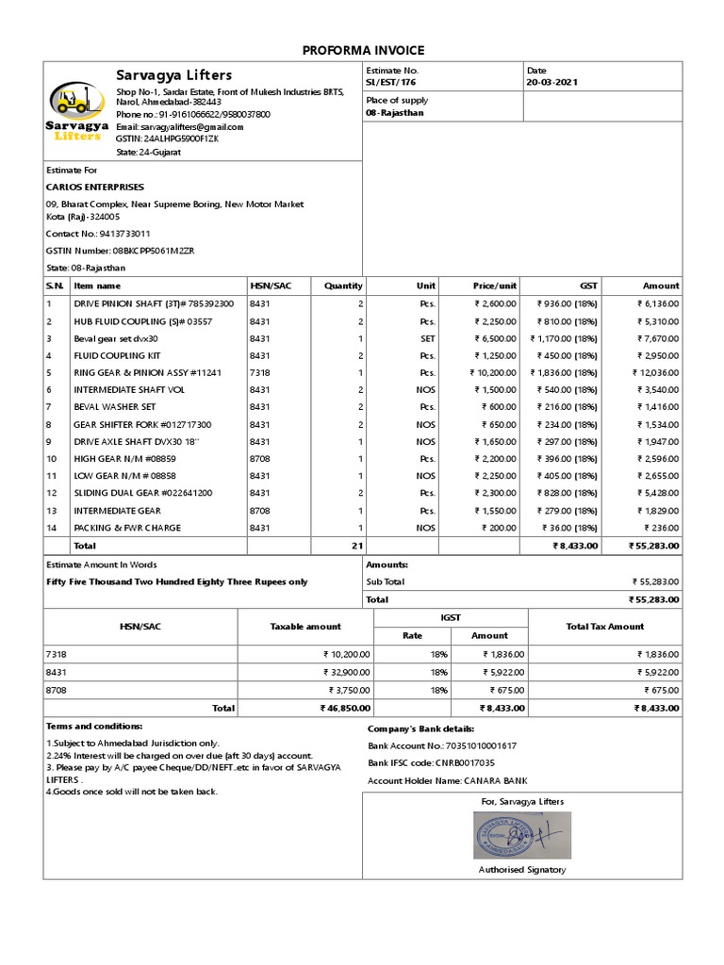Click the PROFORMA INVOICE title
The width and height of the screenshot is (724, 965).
click(x=363, y=50)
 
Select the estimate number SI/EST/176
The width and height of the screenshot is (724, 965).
click(x=390, y=83)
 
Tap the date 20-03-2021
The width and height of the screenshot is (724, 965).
click(x=552, y=83)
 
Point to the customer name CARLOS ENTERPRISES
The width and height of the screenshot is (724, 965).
click(x=95, y=187)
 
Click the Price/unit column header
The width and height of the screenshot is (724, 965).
click(x=494, y=286)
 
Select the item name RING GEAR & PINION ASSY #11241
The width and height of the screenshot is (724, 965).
click(x=148, y=372)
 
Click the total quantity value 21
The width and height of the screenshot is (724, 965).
click(x=357, y=545)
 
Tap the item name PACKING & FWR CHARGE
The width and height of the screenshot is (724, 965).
click(x=127, y=528)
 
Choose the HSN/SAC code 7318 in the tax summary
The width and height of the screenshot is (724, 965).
click(x=56, y=653)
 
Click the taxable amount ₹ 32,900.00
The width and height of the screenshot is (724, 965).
click(x=345, y=672)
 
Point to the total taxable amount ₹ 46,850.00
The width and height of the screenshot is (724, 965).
click(x=344, y=708)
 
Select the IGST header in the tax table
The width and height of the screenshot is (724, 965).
click(x=451, y=617)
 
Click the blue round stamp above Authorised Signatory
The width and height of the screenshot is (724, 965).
click(x=508, y=834)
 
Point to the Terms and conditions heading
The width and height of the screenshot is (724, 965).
click(x=94, y=727)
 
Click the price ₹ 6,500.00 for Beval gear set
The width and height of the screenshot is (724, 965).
click(x=494, y=338)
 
